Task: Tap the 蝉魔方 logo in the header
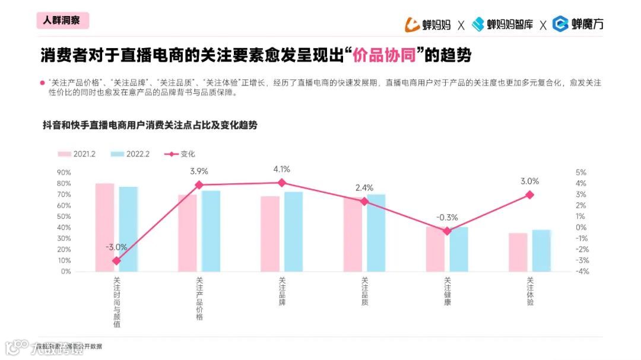[578, 24]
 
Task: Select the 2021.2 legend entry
[77, 154]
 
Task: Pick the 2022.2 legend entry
[131, 154]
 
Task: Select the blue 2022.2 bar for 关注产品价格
[211, 231]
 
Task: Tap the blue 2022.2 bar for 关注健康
[459, 249]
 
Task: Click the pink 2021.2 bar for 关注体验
[518, 252]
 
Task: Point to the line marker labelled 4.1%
[282, 183]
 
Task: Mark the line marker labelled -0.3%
[447, 231]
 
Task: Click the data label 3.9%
[199, 171]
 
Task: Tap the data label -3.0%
[116, 247]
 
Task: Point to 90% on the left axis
[64, 173]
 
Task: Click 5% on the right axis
[581, 173]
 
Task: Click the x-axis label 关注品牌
[282, 291]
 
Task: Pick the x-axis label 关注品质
[364, 291]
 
